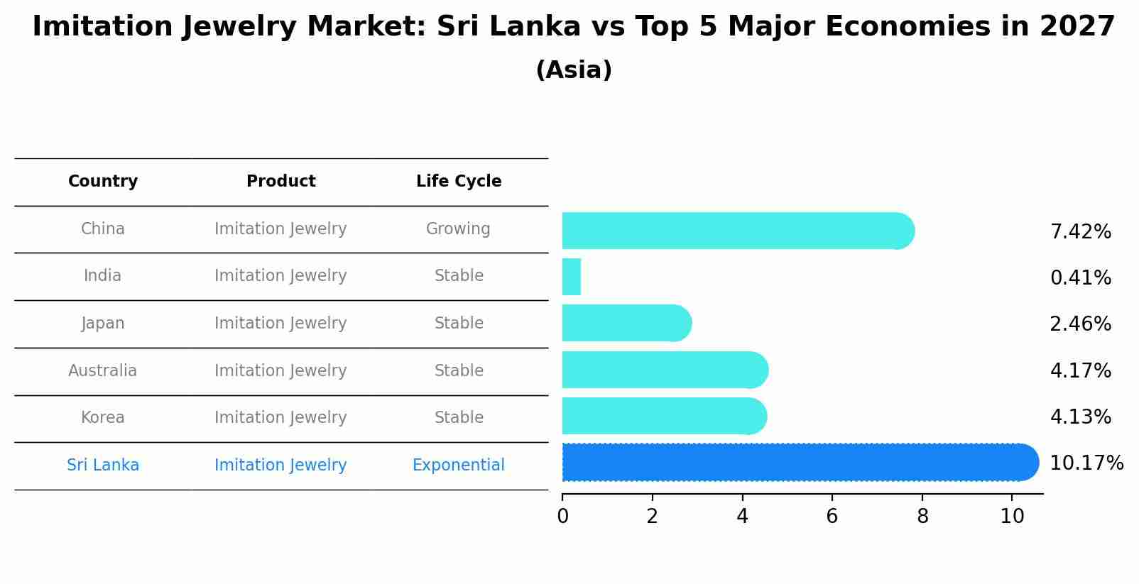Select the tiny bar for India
(572, 277)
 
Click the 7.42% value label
(1080, 232)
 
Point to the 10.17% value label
(1086, 463)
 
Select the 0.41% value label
(1080, 278)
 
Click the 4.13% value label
(1080, 417)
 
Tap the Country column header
(103, 182)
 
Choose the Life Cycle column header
(459, 182)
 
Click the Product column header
(280, 182)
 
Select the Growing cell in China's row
(458, 229)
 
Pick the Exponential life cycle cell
(458, 465)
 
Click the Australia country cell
(103, 371)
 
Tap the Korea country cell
(103, 418)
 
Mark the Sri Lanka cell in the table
(103, 465)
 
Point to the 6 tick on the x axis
(832, 517)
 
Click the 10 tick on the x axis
(1012, 517)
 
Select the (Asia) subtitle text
(574, 70)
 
